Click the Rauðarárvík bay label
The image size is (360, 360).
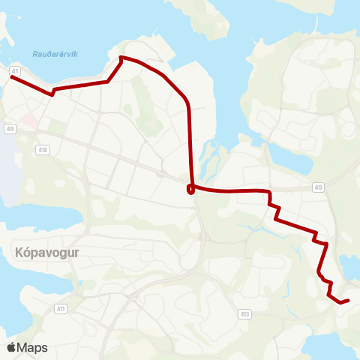(x=56, y=53)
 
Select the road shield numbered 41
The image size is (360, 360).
(x=14, y=70)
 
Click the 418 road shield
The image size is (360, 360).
(x=43, y=150)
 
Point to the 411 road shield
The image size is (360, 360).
(x=61, y=308)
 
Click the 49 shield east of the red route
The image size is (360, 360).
(x=319, y=187)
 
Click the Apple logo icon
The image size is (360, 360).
(x=12, y=347)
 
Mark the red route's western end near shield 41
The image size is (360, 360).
(x=13, y=76)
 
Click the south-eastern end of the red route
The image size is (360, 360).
(x=348, y=300)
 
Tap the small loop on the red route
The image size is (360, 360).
(x=191, y=189)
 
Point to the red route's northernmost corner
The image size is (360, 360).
(x=121, y=57)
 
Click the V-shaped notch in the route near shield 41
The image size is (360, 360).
(x=52, y=94)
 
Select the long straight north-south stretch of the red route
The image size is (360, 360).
(x=189, y=142)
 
